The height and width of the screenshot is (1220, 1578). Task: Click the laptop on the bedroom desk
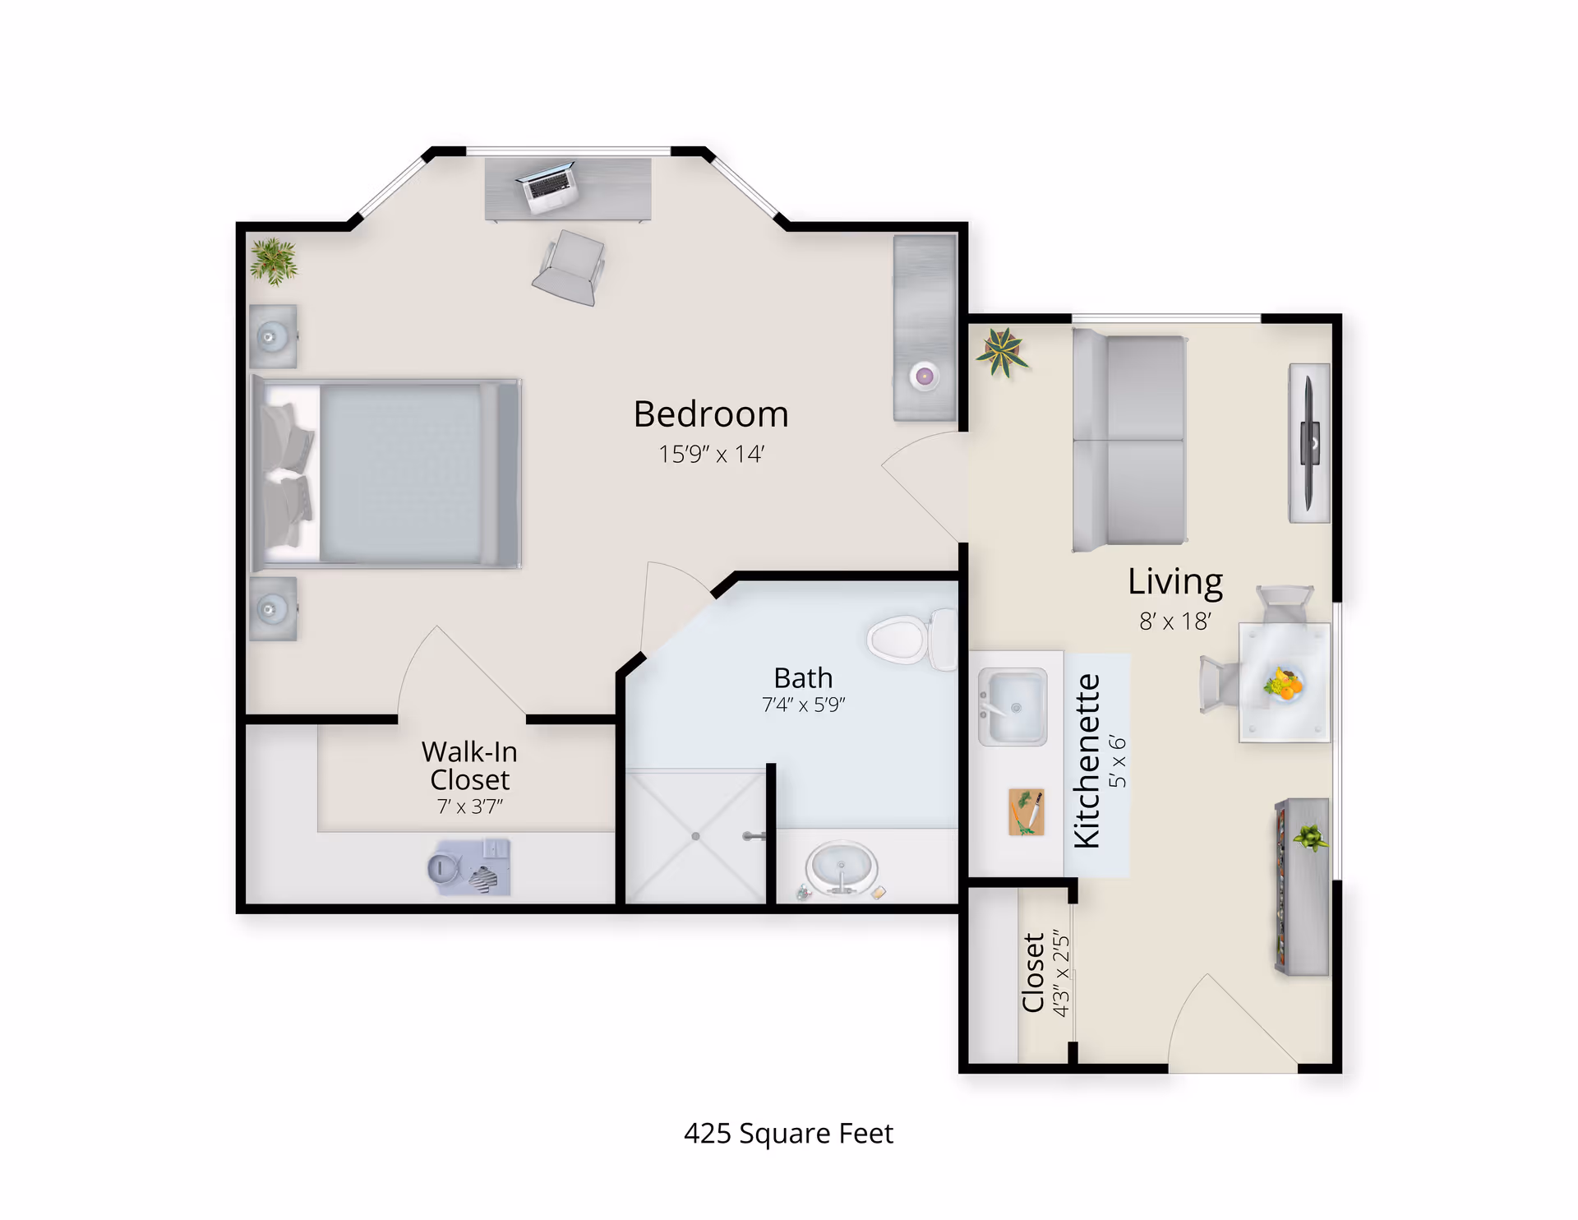click(548, 187)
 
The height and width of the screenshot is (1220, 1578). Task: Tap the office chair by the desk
click(569, 268)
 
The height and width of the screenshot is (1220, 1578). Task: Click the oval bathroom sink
click(841, 867)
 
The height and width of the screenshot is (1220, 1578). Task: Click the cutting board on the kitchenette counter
click(1027, 812)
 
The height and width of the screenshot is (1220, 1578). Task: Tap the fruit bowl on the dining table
click(1283, 684)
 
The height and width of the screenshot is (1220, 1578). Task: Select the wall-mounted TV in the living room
click(1309, 443)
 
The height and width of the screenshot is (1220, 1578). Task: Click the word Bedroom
click(711, 414)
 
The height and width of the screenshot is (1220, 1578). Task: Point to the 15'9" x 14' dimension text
click(711, 454)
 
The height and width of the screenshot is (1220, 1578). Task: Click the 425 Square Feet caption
click(788, 1134)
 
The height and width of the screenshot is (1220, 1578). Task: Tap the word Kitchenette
click(1087, 760)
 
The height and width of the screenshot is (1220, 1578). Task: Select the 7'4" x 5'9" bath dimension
click(803, 705)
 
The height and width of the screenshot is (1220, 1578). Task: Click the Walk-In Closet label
click(469, 765)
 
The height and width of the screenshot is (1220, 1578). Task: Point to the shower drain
click(695, 836)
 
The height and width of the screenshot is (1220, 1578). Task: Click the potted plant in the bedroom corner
click(274, 261)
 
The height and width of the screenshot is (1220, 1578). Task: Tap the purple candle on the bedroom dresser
click(925, 377)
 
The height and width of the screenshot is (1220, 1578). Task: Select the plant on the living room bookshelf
click(1310, 838)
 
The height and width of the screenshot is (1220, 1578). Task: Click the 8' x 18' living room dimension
click(1175, 622)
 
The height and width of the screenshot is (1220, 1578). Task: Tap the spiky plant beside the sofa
click(1001, 351)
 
